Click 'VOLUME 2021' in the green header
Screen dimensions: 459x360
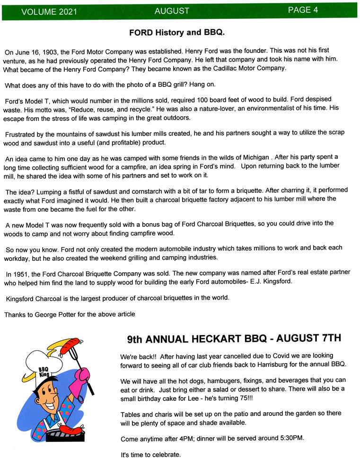(x=42, y=12)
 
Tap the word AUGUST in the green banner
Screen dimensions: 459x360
(x=171, y=11)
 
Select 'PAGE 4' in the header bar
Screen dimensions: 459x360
(x=303, y=10)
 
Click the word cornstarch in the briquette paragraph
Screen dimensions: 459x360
(x=146, y=191)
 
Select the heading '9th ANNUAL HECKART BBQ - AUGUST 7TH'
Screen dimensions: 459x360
(x=234, y=339)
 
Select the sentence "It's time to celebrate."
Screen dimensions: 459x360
(x=150, y=455)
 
